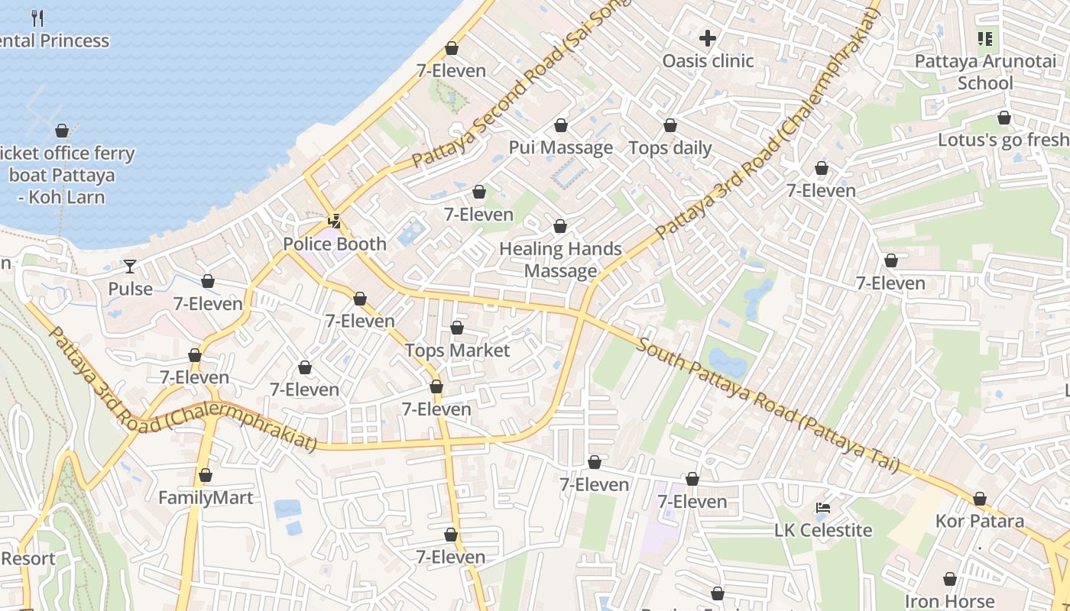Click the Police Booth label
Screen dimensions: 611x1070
coord(335,244)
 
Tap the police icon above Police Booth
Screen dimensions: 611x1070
coord(334,221)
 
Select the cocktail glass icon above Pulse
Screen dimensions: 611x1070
coord(130,266)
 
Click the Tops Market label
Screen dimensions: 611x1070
coord(457,351)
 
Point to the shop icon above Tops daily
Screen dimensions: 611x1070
coord(670,125)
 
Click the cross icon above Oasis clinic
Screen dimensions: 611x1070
coord(708,37)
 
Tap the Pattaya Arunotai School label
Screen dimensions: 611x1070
coord(985,72)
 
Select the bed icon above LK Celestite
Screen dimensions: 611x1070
coord(822,507)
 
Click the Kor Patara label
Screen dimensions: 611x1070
coord(980,522)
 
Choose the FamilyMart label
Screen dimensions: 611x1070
coord(205,498)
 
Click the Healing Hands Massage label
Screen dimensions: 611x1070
coord(560,260)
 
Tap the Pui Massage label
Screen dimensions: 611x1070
coord(561,148)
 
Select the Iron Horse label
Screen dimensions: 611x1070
coord(949,601)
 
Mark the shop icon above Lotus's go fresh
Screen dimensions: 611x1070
coord(1004,118)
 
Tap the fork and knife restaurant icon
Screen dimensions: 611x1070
coord(37,18)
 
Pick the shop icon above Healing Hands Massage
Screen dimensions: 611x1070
coord(560,226)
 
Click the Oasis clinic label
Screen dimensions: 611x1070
coord(708,61)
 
